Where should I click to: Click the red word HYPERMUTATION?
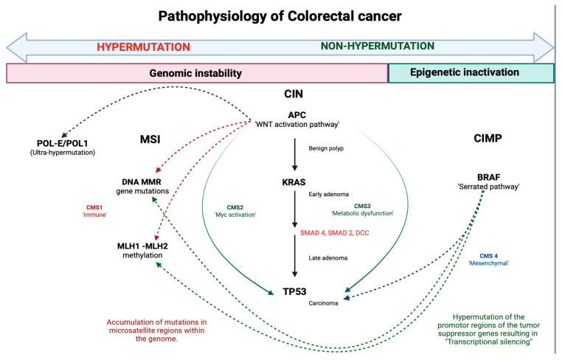(143, 47)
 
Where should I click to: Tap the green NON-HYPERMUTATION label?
(378, 46)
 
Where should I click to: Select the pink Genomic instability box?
(197, 73)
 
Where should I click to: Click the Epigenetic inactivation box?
(471, 73)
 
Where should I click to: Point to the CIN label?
(294, 94)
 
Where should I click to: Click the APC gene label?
(297, 115)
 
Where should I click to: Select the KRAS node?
(294, 182)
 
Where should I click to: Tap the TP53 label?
(294, 291)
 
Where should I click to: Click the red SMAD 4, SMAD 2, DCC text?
(334, 233)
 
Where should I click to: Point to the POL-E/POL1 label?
(63, 143)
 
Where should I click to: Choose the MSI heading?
(150, 139)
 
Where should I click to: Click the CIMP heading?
(488, 139)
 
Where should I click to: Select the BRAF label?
(488, 177)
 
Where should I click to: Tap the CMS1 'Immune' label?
(94, 211)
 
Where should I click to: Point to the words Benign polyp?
(326, 148)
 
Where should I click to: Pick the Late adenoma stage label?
(328, 257)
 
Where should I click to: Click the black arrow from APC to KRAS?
(294, 154)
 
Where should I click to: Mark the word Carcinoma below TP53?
(323, 303)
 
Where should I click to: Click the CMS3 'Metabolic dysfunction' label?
(362, 210)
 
